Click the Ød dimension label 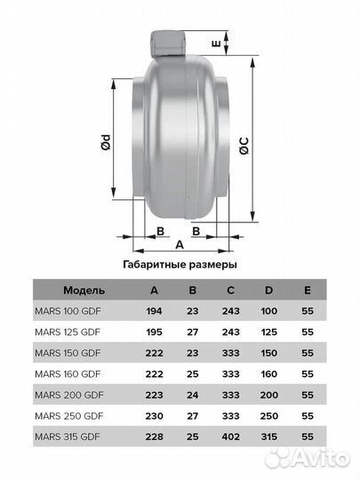click(106, 141)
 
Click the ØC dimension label click(244, 146)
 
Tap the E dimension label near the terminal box click(216, 44)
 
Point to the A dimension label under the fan click(180, 244)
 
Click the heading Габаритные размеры click(180, 264)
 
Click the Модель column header click(84, 290)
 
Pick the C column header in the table click(231, 290)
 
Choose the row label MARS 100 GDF click(68, 311)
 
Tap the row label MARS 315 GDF click(68, 436)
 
